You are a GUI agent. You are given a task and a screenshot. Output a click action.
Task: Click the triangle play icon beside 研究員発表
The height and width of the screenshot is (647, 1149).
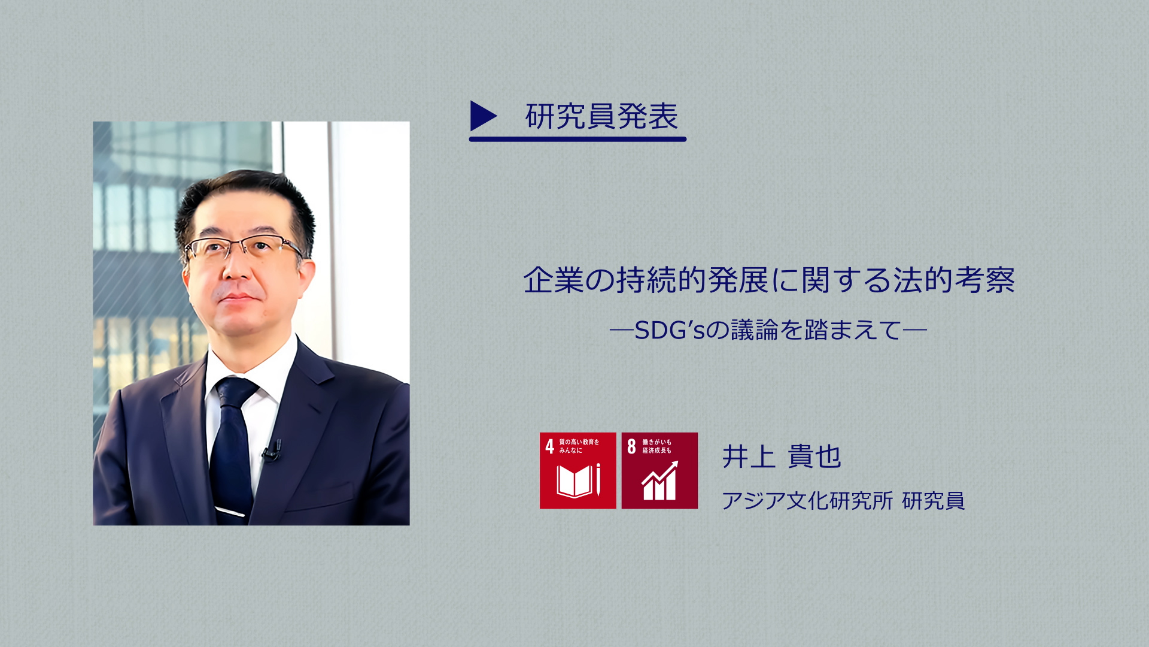point(483,116)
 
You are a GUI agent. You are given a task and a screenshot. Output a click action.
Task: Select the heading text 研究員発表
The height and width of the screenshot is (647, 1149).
point(601,116)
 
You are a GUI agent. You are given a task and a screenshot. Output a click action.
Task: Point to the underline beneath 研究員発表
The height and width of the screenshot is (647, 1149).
point(577,139)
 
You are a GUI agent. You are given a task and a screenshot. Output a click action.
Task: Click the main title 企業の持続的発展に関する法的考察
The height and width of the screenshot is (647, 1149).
point(769,280)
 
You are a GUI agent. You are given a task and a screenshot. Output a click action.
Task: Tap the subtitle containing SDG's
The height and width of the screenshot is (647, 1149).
point(768,330)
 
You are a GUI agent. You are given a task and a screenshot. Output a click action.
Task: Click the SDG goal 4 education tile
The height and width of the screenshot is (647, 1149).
point(577,470)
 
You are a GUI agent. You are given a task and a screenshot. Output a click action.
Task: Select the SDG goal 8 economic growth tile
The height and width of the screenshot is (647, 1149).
point(659,470)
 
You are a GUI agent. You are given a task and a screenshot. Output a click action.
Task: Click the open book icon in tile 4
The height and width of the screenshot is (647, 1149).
point(574,481)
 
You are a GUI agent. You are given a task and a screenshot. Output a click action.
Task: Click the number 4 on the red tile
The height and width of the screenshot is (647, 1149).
point(549,446)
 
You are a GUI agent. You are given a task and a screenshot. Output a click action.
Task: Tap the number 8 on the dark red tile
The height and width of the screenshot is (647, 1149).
point(631,446)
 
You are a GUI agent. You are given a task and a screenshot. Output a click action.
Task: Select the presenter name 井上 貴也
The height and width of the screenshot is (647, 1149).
point(782,456)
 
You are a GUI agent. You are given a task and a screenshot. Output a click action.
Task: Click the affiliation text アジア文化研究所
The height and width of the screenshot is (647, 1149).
point(807,501)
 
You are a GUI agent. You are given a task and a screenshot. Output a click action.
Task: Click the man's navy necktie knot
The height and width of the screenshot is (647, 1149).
point(235,392)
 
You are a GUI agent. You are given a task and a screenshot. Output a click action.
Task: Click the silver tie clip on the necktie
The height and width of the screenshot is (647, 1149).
point(231,511)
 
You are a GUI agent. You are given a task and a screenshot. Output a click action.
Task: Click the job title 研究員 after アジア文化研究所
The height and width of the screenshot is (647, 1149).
point(934,501)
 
